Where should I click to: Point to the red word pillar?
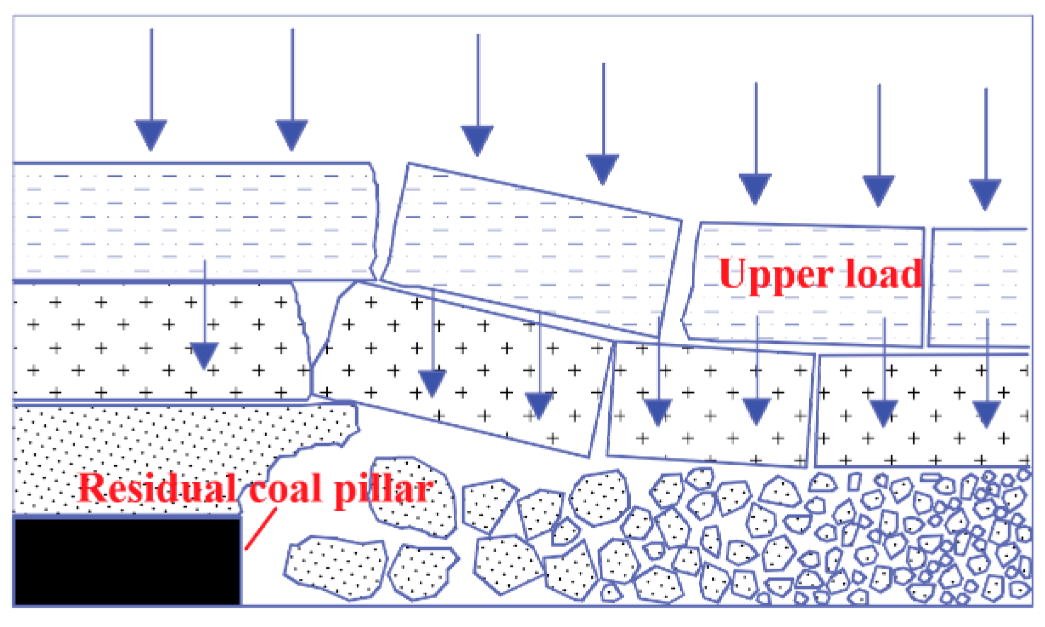[384, 490]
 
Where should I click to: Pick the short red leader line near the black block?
[260, 529]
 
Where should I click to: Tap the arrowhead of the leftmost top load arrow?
[151, 134]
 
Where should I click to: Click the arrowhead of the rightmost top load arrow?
[985, 194]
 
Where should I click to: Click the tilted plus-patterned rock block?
[460, 365]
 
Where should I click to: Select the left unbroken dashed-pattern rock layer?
[189, 221]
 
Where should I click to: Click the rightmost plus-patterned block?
[923, 410]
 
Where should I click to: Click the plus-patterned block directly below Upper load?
[709, 403]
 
